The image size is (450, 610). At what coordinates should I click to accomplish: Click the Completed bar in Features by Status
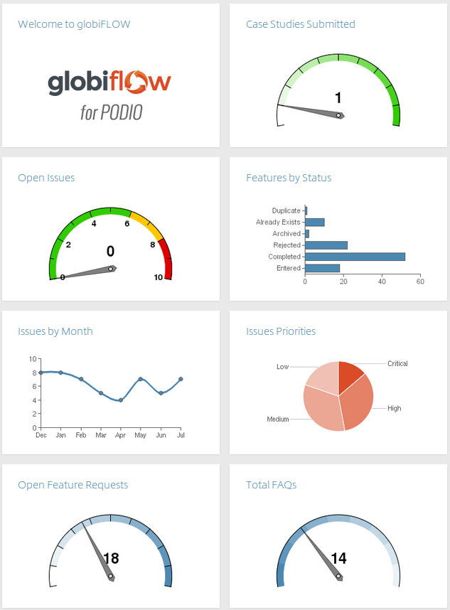[x=355, y=257]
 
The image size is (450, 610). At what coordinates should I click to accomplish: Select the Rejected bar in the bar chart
[x=326, y=245]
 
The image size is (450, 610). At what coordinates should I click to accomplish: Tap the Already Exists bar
[x=314, y=223]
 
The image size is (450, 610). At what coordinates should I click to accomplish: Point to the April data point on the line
[x=121, y=400]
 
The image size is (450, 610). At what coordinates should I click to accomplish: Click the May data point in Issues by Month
[x=141, y=379]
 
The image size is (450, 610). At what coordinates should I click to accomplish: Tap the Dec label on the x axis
[x=41, y=434]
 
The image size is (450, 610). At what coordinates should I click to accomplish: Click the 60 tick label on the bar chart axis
[x=420, y=282]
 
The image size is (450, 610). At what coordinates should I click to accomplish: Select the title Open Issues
[x=46, y=178]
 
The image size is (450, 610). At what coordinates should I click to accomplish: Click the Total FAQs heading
[x=271, y=485]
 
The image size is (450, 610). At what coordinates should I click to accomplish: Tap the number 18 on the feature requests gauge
[x=112, y=558]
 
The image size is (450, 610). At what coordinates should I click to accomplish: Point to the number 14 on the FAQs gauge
[x=338, y=558]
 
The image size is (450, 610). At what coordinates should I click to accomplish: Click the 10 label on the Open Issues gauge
[x=159, y=277]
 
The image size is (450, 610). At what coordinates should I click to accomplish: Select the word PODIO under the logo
[x=122, y=112]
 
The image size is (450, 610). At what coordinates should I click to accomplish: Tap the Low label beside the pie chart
[x=283, y=367]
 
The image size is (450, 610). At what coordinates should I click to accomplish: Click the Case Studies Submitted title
[x=300, y=24]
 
